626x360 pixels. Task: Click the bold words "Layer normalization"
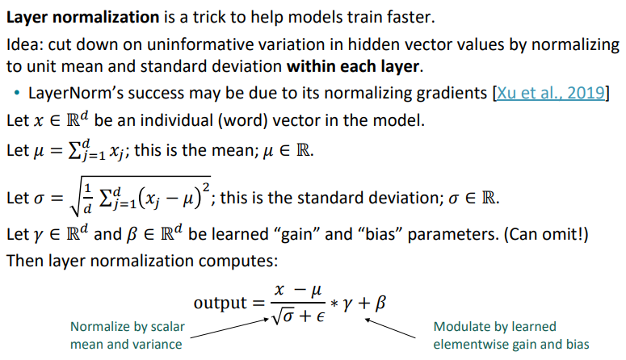click(83, 17)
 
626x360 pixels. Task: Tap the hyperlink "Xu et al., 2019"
click(551, 93)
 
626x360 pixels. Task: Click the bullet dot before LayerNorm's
click(16, 94)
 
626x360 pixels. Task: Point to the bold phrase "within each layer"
click(353, 66)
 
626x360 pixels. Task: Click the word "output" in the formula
click(220, 303)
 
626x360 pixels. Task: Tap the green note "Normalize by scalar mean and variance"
click(128, 335)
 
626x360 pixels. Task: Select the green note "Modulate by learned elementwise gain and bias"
click(511, 335)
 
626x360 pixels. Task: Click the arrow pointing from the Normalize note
click(229, 328)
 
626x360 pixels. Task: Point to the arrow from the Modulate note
click(390, 328)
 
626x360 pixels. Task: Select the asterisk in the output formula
click(334, 304)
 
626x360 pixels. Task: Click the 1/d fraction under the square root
click(87, 199)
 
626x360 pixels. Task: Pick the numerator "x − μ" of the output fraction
click(298, 290)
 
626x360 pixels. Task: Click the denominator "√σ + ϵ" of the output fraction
click(298, 316)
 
